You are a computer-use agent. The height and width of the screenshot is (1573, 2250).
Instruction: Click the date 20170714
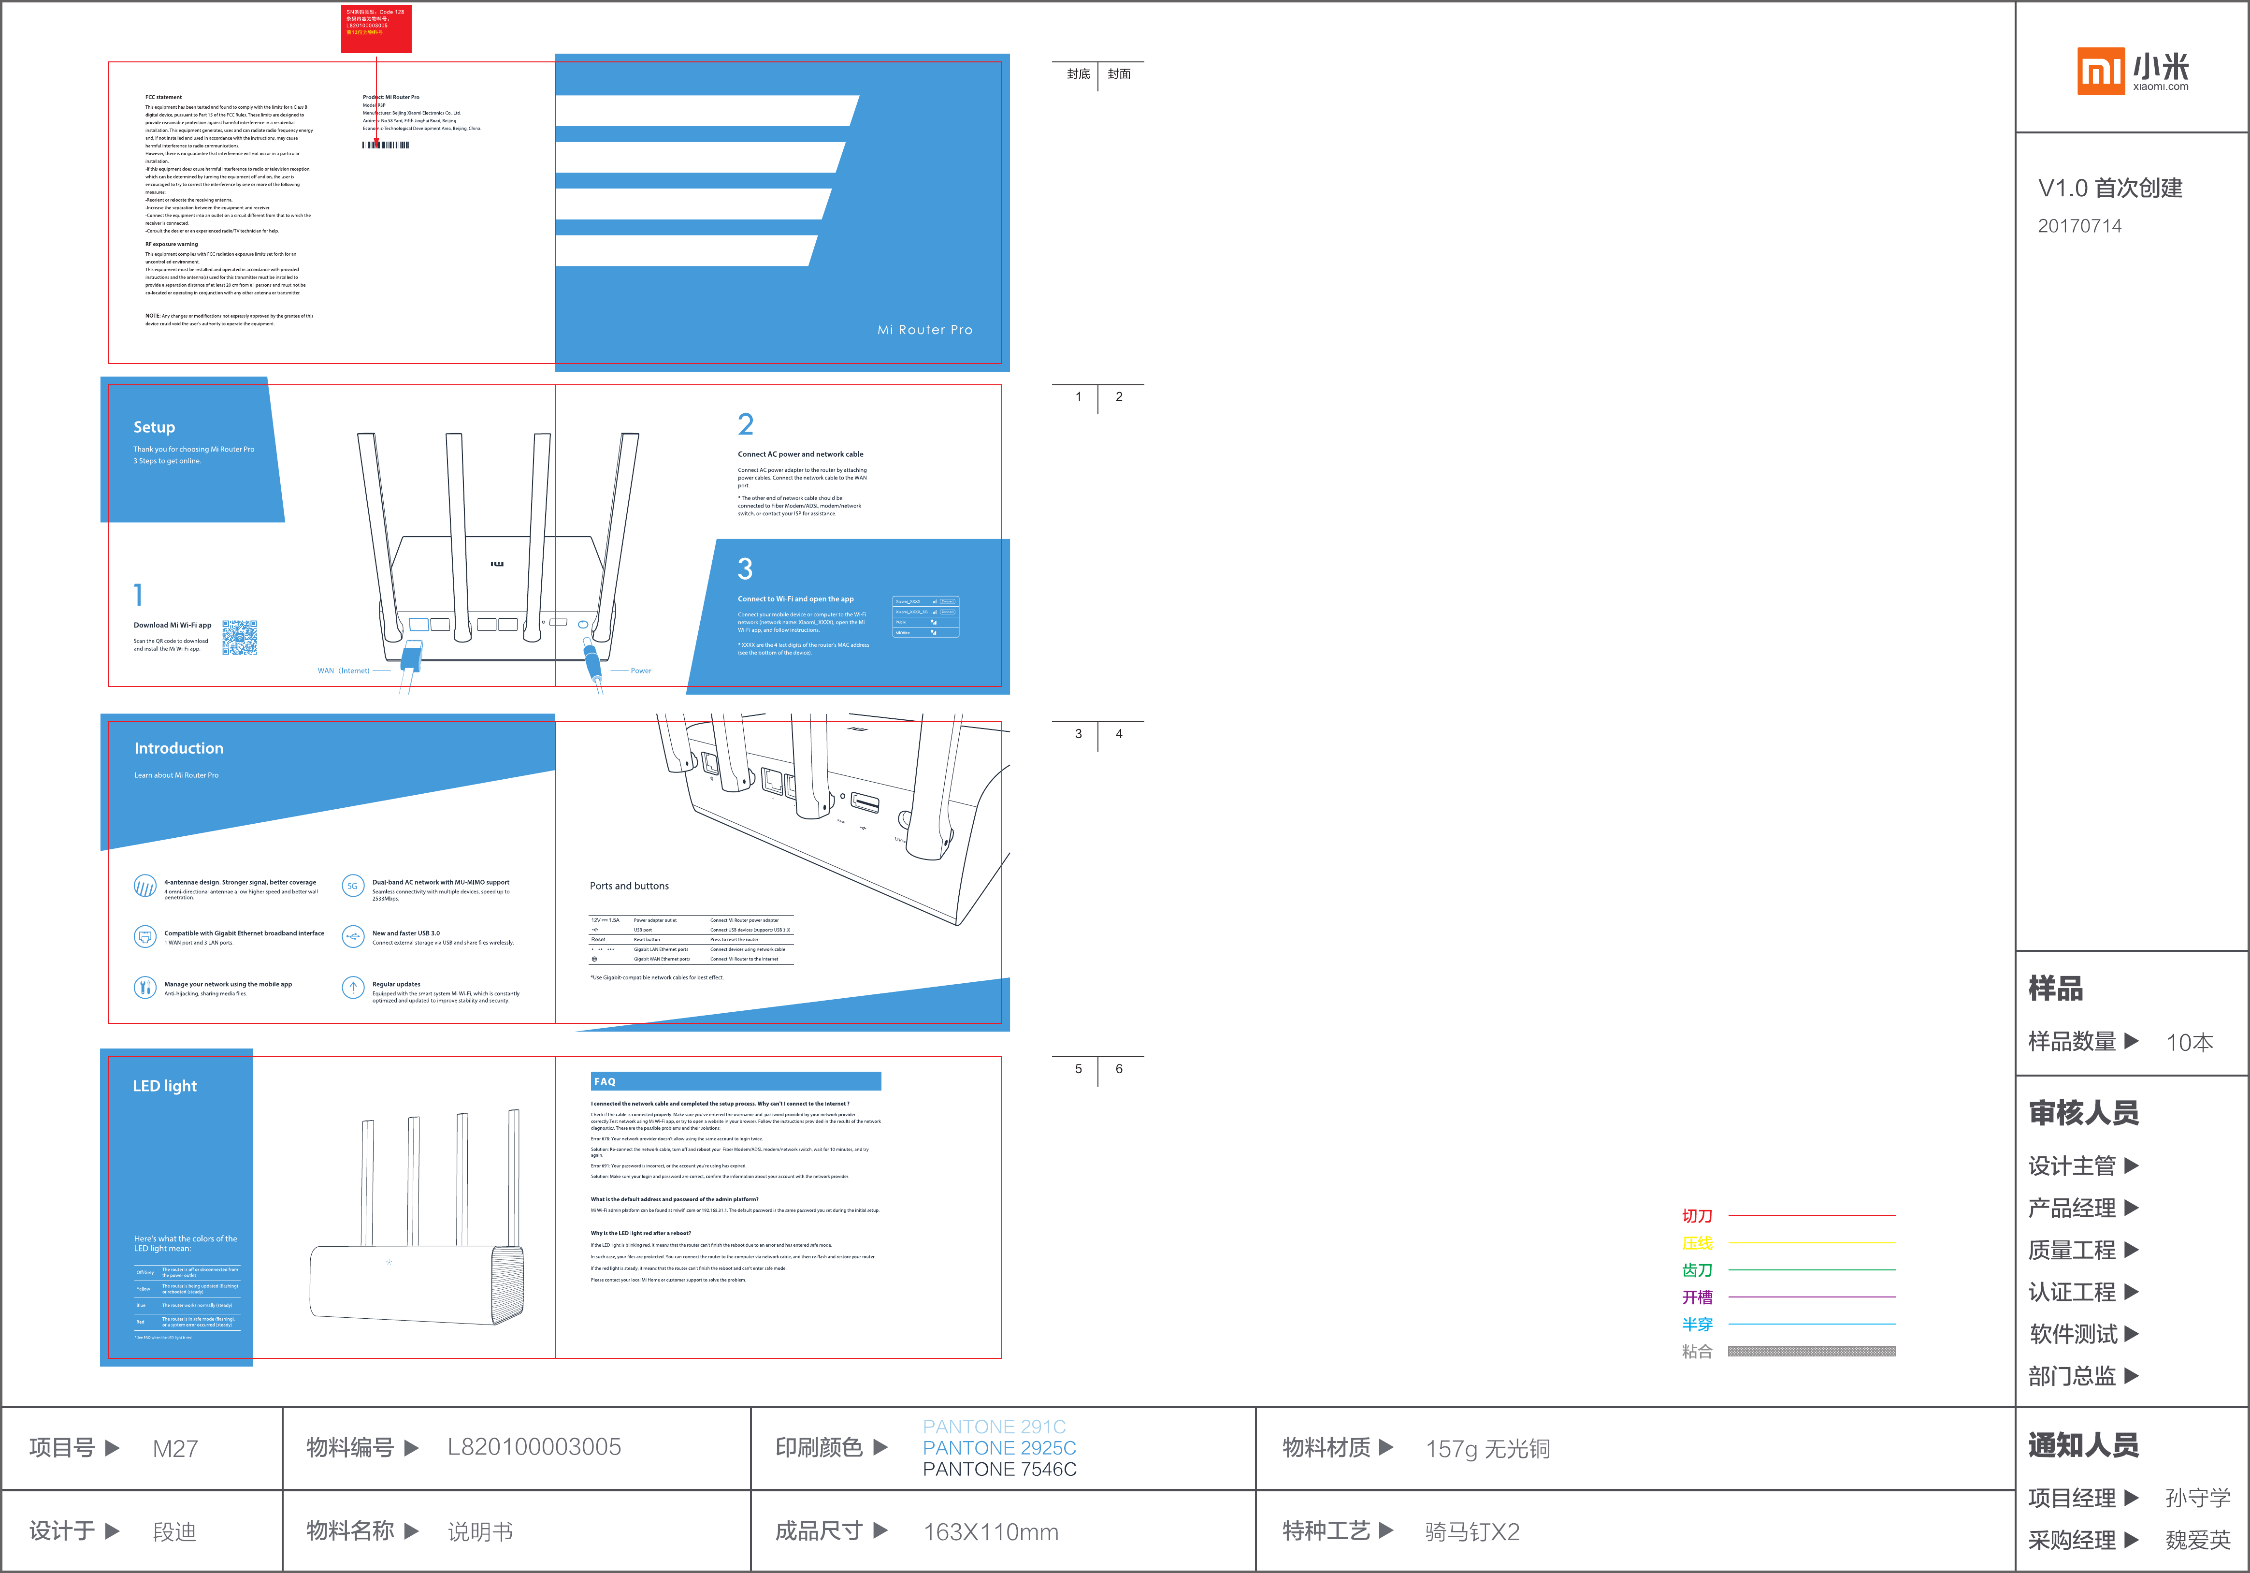pyautogui.click(x=2079, y=226)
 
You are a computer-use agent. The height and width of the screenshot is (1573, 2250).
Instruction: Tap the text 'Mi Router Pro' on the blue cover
pyautogui.click(x=924, y=330)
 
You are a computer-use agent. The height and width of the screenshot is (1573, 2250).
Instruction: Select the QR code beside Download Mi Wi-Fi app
pyautogui.click(x=239, y=637)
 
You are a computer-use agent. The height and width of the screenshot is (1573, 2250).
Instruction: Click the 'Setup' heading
pyautogui.click(x=154, y=427)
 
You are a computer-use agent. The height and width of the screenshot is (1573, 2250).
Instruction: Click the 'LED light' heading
pyautogui.click(x=165, y=1086)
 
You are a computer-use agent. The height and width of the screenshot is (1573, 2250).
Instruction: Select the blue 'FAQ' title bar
pyautogui.click(x=735, y=1081)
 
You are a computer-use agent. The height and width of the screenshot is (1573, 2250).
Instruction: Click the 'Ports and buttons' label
pyautogui.click(x=629, y=886)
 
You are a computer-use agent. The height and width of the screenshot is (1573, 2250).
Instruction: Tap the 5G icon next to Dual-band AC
pyautogui.click(x=353, y=886)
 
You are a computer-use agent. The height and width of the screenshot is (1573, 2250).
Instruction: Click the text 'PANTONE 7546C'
pyautogui.click(x=999, y=1469)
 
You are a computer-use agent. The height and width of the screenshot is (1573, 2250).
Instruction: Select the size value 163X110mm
pyautogui.click(x=991, y=1532)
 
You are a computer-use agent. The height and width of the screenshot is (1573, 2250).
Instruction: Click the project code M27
pyautogui.click(x=175, y=1449)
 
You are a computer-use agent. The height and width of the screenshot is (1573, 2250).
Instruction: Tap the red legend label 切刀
pyautogui.click(x=1697, y=1216)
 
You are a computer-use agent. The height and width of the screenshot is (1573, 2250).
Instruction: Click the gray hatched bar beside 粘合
pyautogui.click(x=1811, y=1351)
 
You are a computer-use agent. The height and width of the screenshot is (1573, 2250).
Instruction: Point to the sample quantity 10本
pyautogui.click(x=2189, y=1043)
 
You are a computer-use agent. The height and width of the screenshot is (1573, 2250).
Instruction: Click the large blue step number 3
pyautogui.click(x=745, y=569)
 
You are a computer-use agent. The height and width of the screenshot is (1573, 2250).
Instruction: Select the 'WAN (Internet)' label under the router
pyautogui.click(x=343, y=671)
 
